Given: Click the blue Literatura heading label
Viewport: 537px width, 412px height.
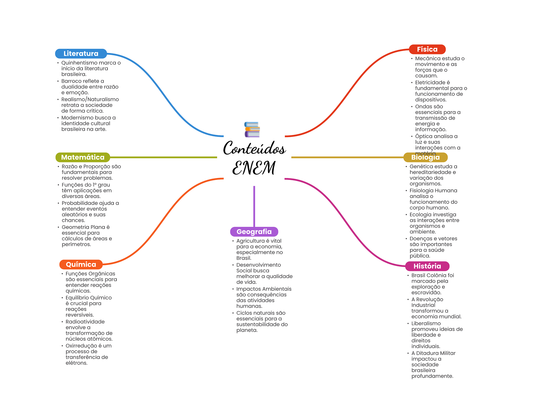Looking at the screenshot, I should (81, 54).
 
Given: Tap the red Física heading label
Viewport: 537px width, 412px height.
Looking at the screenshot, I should (427, 49).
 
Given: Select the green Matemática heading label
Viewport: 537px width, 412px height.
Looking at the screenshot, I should (83, 157).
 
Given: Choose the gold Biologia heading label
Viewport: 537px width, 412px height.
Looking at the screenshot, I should (425, 157).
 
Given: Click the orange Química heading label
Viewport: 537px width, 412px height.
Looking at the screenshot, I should (81, 264).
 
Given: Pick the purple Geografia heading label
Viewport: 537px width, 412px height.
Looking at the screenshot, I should (254, 232).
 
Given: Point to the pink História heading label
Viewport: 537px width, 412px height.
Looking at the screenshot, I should (427, 266).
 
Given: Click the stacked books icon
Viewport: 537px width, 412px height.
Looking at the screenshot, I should (252, 129).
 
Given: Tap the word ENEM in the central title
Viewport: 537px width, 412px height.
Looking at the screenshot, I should (254, 168).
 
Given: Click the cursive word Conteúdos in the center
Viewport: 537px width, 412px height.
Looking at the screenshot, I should (254, 148).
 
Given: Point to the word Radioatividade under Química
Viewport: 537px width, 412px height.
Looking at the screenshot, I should (85, 322).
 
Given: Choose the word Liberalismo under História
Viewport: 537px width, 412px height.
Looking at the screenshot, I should (426, 324).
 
